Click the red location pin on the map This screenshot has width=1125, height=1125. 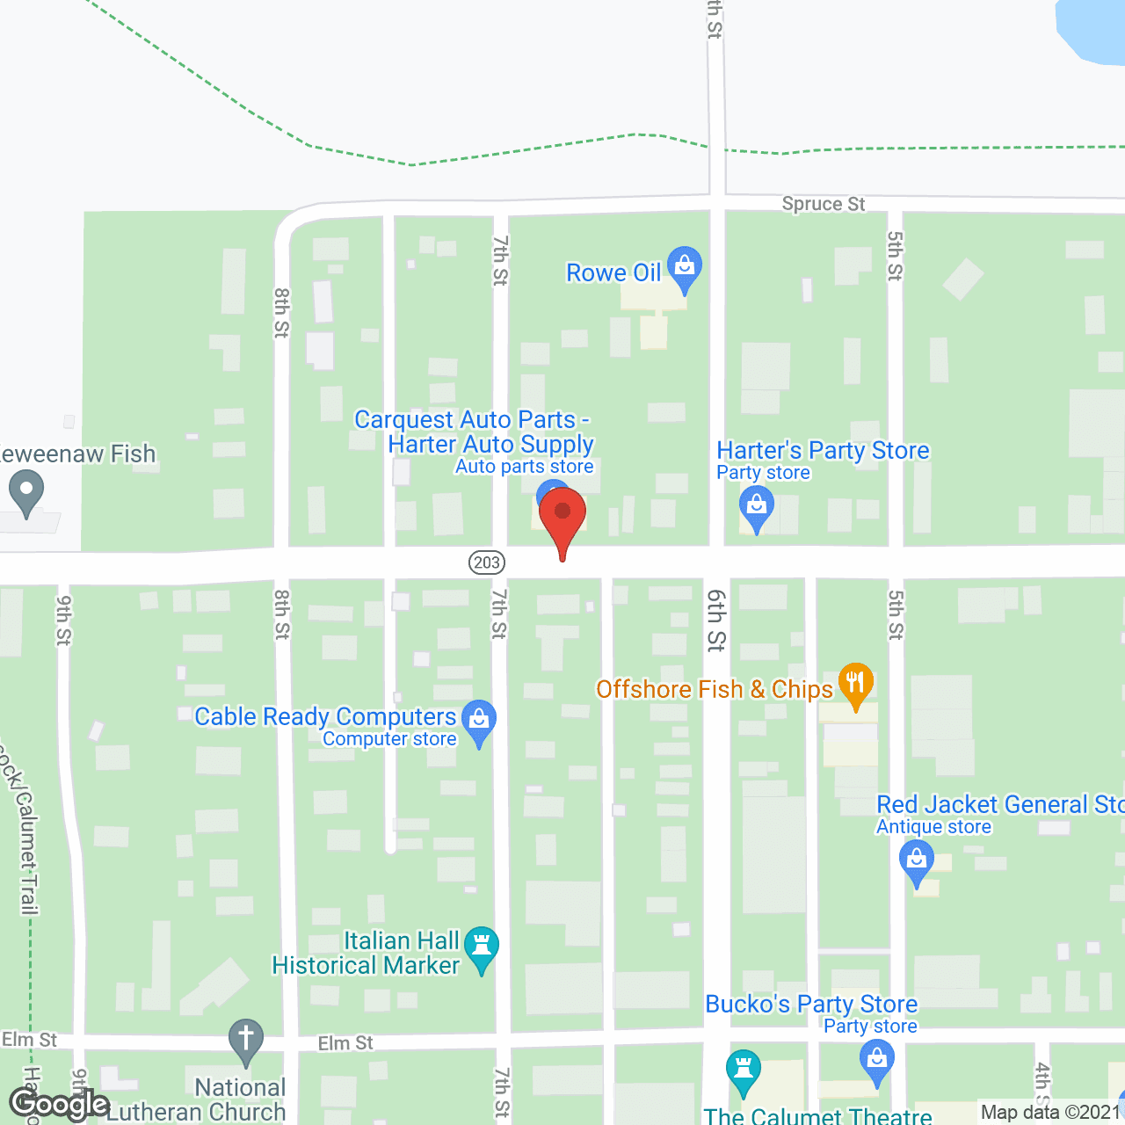point(562,514)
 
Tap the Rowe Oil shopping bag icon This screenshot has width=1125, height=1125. point(685,265)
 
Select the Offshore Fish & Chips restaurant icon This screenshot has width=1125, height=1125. point(855,683)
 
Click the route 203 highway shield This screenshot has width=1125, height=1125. point(486,562)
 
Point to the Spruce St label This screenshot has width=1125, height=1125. point(824,204)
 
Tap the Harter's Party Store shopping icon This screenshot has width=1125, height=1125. point(756,507)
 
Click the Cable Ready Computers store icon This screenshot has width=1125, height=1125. point(479,720)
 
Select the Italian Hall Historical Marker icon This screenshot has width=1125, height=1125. point(481,947)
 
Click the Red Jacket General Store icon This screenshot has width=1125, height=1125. point(917,859)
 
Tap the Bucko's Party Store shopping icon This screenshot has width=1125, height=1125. point(876,1058)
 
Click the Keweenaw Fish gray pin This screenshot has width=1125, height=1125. point(26,490)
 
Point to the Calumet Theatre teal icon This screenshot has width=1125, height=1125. point(744,1070)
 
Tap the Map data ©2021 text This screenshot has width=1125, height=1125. point(1051,1113)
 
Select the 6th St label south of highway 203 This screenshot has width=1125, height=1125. point(716,620)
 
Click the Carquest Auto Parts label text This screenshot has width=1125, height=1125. point(473,420)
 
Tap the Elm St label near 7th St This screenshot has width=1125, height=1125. point(345,1043)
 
